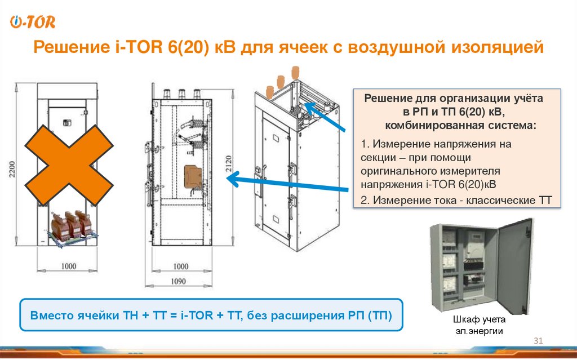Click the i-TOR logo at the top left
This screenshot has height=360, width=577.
(x=33, y=23)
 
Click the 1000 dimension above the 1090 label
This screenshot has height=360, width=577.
(x=180, y=266)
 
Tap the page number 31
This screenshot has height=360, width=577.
(x=537, y=341)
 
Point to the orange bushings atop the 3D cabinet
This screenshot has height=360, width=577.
(x=280, y=82)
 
